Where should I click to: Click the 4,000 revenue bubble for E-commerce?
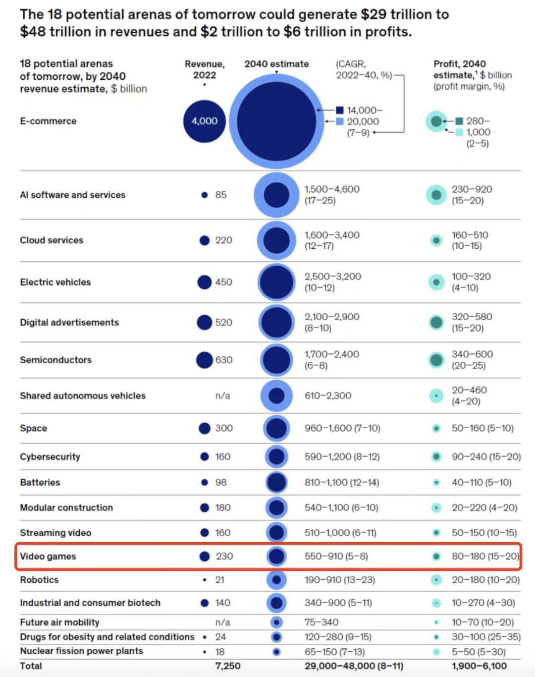click(x=204, y=121)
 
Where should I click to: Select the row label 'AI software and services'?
click(x=72, y=195)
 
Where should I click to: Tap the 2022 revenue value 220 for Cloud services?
click(x=223, y=240)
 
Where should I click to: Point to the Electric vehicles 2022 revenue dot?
click(x=204, y=282)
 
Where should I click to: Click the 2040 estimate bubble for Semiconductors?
click(x=276, y=360)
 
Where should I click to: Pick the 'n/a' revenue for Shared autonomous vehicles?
click(x=222, y=395)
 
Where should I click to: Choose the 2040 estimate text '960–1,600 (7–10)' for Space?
click(x=342, y=428)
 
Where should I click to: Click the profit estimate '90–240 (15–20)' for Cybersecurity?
click(x=486, y=456)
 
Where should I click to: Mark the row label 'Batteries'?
click(x=40, y=482)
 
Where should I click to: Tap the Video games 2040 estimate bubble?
click(x=276, y=556)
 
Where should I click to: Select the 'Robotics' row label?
click(x=39, y=580)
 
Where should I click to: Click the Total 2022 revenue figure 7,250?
click(x=227, y=666)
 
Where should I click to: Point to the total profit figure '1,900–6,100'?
click(x=479, y=666)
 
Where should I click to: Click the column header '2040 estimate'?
click(x=276, y=64)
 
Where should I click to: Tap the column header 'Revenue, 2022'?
click(x=205, y=69)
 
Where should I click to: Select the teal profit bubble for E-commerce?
click(x=436, y=121)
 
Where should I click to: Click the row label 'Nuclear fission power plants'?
click(x=81, y=651)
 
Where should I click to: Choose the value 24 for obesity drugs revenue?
click(x=220, y=637)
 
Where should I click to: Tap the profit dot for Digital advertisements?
click(x=436, y=322)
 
